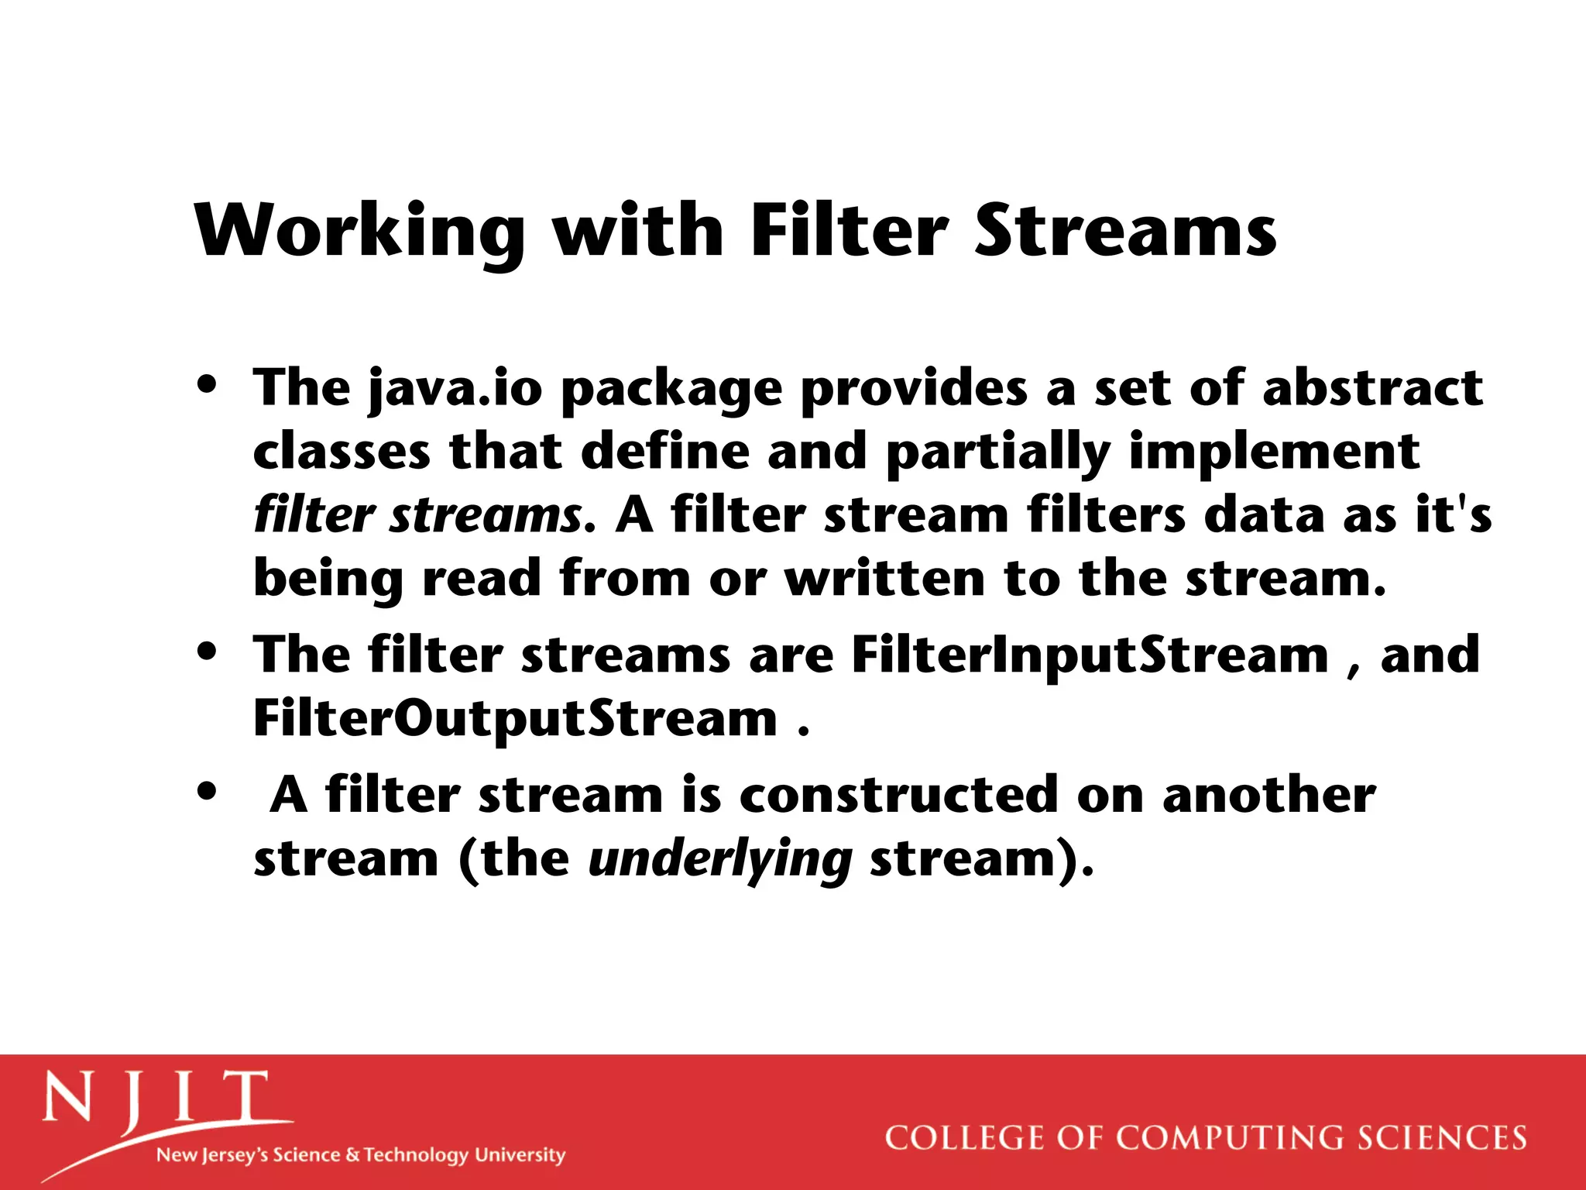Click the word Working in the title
(x=359, y=230)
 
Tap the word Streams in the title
(x=1125, y=230)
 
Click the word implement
(x=1274, y=452)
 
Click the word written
(x=884, y=579)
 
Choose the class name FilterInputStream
(x=1090, y=655)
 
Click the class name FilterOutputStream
(x=515, y=719)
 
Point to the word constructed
(x=899, y=796)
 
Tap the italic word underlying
(x=720, y=860)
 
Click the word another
(x=1268, y=796)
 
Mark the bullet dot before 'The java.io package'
(x=207, y=384)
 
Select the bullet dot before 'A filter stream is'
(x=207, y=792)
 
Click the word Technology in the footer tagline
(x=416, y=1155)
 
